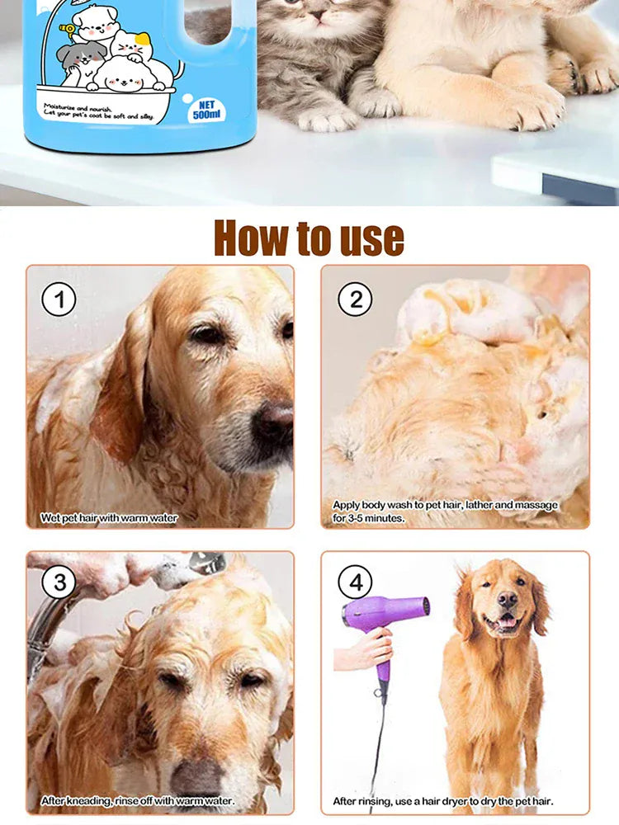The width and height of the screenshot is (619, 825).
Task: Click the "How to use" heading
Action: coord(309,238)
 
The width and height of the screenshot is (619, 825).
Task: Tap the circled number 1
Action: coord(59,299)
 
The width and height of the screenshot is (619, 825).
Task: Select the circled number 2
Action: coord(355,299)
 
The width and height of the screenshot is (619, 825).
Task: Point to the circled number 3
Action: coord(59,583)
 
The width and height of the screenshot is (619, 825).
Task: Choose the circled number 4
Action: coord(355,583)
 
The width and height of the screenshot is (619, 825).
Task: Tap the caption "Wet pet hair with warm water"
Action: coord(109,519)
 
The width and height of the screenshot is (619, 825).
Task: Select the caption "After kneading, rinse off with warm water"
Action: coord(138,800)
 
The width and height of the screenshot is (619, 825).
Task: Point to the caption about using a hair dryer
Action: coord(443,800)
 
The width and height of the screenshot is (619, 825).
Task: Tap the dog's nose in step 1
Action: coord(273,423)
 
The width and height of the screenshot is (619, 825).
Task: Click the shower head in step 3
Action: coord(206,564)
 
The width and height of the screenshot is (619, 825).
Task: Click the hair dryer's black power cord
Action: coord(379,742)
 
